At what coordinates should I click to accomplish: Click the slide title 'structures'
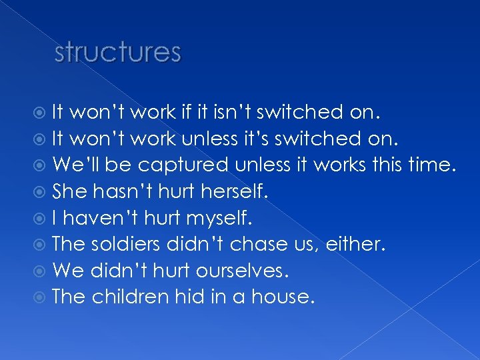point(117,52)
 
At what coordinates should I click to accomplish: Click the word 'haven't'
point(103,217)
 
